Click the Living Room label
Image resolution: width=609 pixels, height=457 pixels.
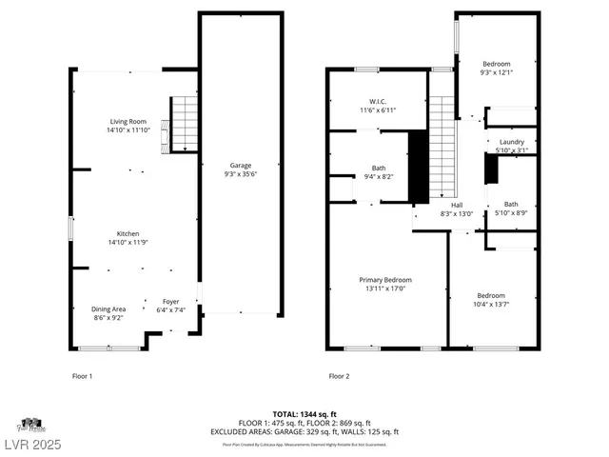(128, 122)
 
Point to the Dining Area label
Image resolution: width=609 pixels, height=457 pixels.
(108, 308)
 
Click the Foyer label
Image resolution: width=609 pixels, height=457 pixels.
(170, 301)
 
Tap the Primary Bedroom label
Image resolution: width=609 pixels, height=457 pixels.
(384, 280)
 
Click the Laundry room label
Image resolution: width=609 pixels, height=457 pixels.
(512, 142)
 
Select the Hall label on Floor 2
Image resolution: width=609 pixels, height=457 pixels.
(457, 205)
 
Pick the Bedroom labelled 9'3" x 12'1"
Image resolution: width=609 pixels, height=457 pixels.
(496, 64)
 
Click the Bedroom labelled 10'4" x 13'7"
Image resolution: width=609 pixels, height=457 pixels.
(491, 295)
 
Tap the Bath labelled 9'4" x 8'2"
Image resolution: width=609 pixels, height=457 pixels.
(379, 168)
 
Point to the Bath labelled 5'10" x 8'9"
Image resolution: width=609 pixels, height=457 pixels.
(511, 204)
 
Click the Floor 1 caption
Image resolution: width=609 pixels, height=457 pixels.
(83, 376)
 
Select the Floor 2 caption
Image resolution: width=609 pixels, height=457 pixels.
(339, 376)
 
